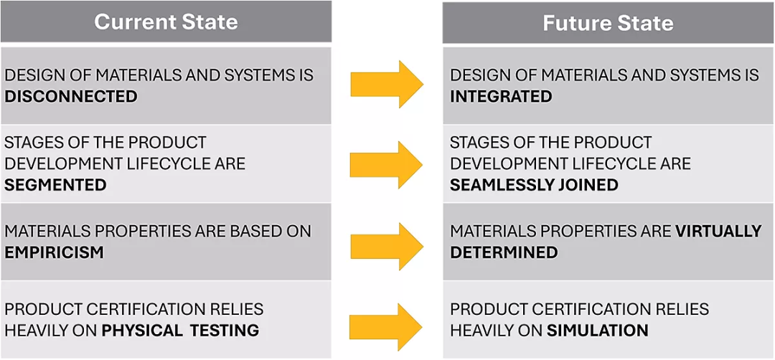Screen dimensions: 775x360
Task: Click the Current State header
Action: pyautogui.click(x=166, y=22)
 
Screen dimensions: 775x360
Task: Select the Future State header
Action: pyautogui.click(x=608, y=23)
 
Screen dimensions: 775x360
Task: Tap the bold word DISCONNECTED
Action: pyautogui.click(x=70, y=96)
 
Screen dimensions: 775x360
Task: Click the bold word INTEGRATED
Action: pyautogui.click(x=501, y=96)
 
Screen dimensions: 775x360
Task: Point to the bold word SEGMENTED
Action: pyautogui.click(x=55, y=185)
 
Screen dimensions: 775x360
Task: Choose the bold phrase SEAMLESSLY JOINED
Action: pyautogui.click(x=535, y=185)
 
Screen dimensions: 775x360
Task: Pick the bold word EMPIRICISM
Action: pyautogui.click(x=55, y=252)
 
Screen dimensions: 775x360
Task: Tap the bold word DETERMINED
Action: pyautogui.click(x=504, y=252)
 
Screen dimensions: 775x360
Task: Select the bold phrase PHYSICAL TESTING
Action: pyautogui.click(x=180, y=331)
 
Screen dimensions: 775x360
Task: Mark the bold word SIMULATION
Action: pyautogui.click(x=598, y=331)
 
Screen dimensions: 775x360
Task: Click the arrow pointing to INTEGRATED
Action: pyautogui.click(x=387, y=84)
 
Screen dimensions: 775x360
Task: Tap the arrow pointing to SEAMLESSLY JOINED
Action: pyautogui.click(x=387, y=165)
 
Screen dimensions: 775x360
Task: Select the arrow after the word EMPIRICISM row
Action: pyautogui.click(x=387, y=247)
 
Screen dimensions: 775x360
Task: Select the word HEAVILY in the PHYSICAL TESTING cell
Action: pyautogui.click(x=40, y=331)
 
